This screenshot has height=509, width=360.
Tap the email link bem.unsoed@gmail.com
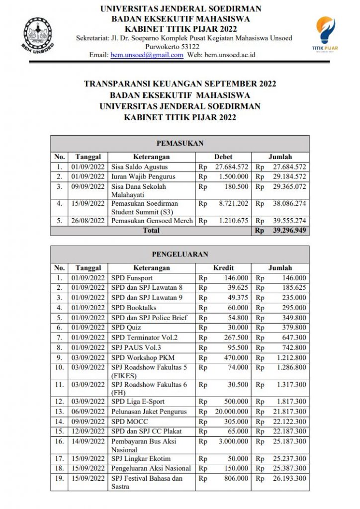pos(147,55)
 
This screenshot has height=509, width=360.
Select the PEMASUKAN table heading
pos(180,143)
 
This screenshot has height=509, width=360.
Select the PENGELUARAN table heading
pos(180,254)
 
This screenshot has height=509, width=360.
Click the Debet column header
pos(223,157)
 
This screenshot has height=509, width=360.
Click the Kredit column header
pos(223,268)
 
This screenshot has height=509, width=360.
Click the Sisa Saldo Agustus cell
pos(140,167)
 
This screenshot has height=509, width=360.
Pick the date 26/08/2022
pos(88,220)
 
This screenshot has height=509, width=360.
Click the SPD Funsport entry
pos(132,278)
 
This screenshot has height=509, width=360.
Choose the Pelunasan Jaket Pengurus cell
pos(149,412)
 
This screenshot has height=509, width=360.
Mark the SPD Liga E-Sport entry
pos(138,402)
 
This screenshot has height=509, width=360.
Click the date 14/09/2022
pos(88,441)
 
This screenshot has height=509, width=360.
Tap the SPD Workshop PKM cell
pos(143,357)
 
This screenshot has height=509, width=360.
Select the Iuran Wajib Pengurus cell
pos(144,177)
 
